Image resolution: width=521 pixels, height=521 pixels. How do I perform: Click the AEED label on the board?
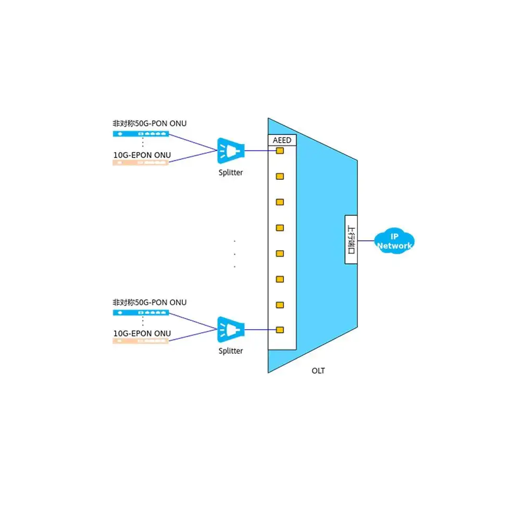282,140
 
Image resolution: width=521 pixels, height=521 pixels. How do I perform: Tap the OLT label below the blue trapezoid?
318,371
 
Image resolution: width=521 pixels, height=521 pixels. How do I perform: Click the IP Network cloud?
394,241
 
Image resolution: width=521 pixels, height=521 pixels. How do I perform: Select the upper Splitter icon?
231,151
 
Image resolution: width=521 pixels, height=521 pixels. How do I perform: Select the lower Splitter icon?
231,330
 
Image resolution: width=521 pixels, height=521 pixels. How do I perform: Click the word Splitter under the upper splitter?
231,172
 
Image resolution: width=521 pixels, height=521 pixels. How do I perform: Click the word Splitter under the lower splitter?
231,351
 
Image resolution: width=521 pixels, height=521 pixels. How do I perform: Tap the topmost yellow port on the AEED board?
280,151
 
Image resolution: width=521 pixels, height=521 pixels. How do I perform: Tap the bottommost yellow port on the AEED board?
280,330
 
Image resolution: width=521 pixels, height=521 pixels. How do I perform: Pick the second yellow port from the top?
280,176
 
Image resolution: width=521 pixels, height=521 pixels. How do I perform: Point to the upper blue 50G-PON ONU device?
141,133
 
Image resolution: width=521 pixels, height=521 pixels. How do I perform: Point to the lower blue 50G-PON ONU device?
141,313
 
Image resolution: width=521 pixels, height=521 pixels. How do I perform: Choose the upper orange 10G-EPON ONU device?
141,163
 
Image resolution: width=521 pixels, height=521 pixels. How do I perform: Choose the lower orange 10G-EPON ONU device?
141,341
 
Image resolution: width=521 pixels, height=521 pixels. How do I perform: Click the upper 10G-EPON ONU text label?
142,155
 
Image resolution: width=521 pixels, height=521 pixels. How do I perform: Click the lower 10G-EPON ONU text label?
142,333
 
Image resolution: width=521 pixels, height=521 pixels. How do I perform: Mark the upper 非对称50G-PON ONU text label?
150,123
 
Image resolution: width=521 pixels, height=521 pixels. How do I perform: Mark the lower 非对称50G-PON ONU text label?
150,302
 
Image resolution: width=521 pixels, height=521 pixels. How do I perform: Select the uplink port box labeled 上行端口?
351,240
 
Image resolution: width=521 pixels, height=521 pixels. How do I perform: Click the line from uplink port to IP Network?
366,241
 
